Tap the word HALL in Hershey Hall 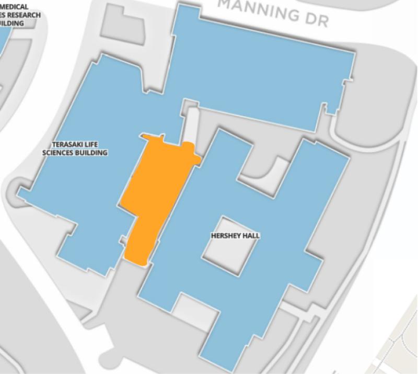(251, 236)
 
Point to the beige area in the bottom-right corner (400, 345)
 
